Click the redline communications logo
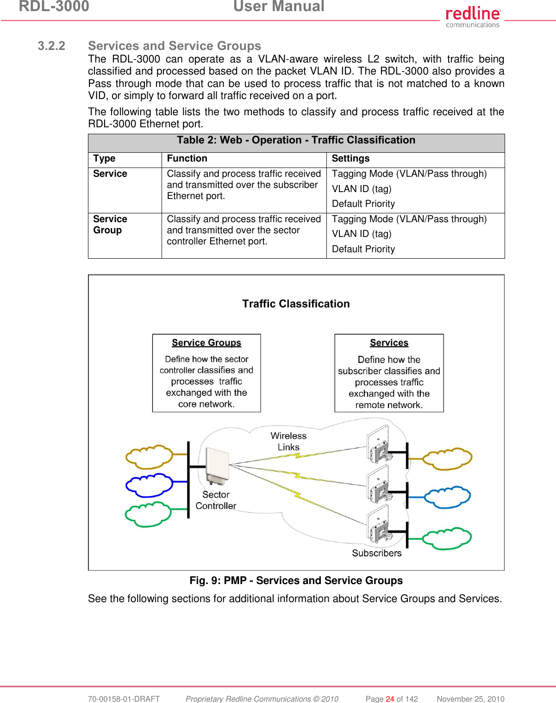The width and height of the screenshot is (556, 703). pyautogui.click(x=472, y=17)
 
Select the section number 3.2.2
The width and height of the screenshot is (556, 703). pyautogui.click(x=51, y=46)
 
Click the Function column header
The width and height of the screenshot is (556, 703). pyautogui.click(x=187, y=159)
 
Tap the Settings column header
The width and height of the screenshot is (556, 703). pyautogui.click(x=350, y=159)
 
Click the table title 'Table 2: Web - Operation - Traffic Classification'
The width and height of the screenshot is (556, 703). pyautogui.click(x=296, y=140)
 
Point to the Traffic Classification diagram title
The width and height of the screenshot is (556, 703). pyautogui.click(x=296, y=304)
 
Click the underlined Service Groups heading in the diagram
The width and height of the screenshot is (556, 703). pyautogui.click(x=206, y=343)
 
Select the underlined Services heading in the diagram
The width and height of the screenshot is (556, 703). pyautogui.click(x=389, y=343)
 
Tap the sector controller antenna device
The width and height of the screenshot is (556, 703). pyautogui.click(x=217, y=466)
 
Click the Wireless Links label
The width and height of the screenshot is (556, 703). pyautogui.click(x=288, y=442)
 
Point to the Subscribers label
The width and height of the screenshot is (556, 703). pyautogui.click(x=376, y=554)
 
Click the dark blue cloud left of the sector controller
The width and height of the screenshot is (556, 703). pyautogui.click(x=149, y=485)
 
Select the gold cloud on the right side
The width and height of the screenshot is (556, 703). pyautogui.click(x=447, y=458)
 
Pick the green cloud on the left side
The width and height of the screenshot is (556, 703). pyautogui.click(x=148, y=514)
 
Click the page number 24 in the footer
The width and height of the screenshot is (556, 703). pyautogui.click(x=390, y=699)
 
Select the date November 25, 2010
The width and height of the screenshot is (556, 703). pyautogui.click(x=470, y=699)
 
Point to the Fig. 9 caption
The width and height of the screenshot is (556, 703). pyautogui.click(x=296, y=581)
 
